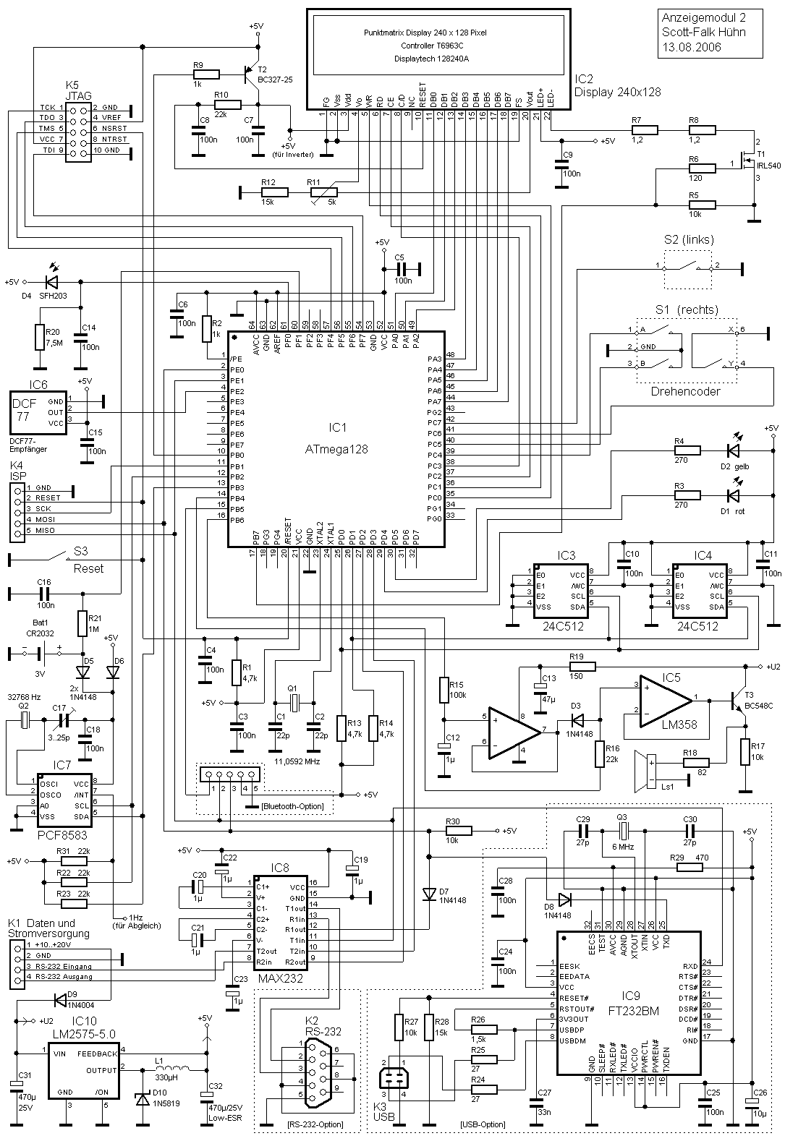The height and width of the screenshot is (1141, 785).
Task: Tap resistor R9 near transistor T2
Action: pyautogui.click(x=207, y=74)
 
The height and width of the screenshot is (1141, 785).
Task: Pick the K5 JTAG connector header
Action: pyautogui.click(x=77, y=129)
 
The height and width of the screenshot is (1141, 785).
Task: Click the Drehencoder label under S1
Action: pyautogui.click(x=686, y=391)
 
